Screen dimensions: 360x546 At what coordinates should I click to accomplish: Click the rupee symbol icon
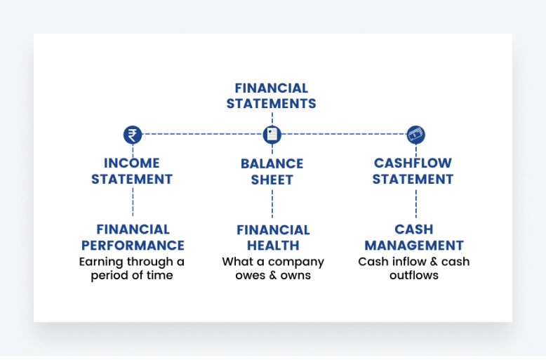[x=132, y=135]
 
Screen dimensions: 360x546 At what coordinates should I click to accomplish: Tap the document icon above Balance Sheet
[x=272, y=135]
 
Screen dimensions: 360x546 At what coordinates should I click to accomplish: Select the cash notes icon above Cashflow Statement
[x=415, y=135]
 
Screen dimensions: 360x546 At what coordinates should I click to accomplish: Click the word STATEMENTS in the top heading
[x=272, y=104]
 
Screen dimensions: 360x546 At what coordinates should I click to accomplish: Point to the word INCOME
[x=132, y=163]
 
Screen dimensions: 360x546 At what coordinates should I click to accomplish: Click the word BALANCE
[x=272, y=164]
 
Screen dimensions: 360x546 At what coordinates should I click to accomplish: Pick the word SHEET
[x=272, y=180]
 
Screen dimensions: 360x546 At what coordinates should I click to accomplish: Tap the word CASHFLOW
[x=413, y=163]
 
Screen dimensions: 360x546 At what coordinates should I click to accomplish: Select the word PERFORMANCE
[x=133, y=246]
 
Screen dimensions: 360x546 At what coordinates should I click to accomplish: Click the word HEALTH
[x=273, y=246]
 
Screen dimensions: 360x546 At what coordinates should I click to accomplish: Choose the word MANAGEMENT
[x=414, y=246]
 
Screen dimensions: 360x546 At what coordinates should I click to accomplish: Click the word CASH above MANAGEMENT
[x=414, y=229]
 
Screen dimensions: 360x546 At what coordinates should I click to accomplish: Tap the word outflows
[x=414, y=276]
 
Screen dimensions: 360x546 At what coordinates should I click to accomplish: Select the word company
[x=298, y=262]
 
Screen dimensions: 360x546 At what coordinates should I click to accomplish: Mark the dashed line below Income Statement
[x=132, y=202]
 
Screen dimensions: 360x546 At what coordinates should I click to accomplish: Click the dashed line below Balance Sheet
[x=272, y=202]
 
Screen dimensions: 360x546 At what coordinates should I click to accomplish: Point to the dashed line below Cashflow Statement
[x=415, y=202]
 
